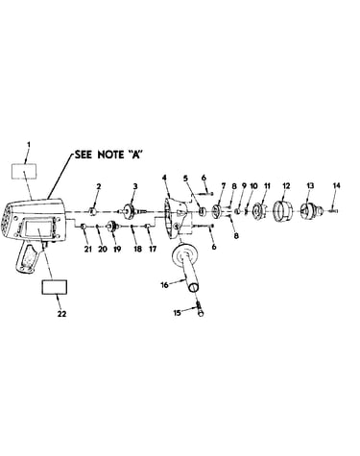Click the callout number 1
pos(29,145)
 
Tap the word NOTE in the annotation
pos(110,155)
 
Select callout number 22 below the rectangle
pos(61,314)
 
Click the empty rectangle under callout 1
pos(24,171)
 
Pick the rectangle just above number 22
pos(55,287)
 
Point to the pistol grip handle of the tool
pos(28,257)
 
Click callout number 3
pos(135,186)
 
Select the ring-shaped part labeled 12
pos(281,210)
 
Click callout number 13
pos(310,185)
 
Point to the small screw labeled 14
pos(333,210)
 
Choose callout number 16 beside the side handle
pos(164,285)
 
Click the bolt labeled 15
pos(200,309)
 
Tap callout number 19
pos(117,249)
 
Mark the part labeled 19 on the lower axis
pos(112,227)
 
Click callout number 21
pos(88,249)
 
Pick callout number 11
pos(267,185)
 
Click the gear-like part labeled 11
pos(259,211)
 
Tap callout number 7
pos(224,185)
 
